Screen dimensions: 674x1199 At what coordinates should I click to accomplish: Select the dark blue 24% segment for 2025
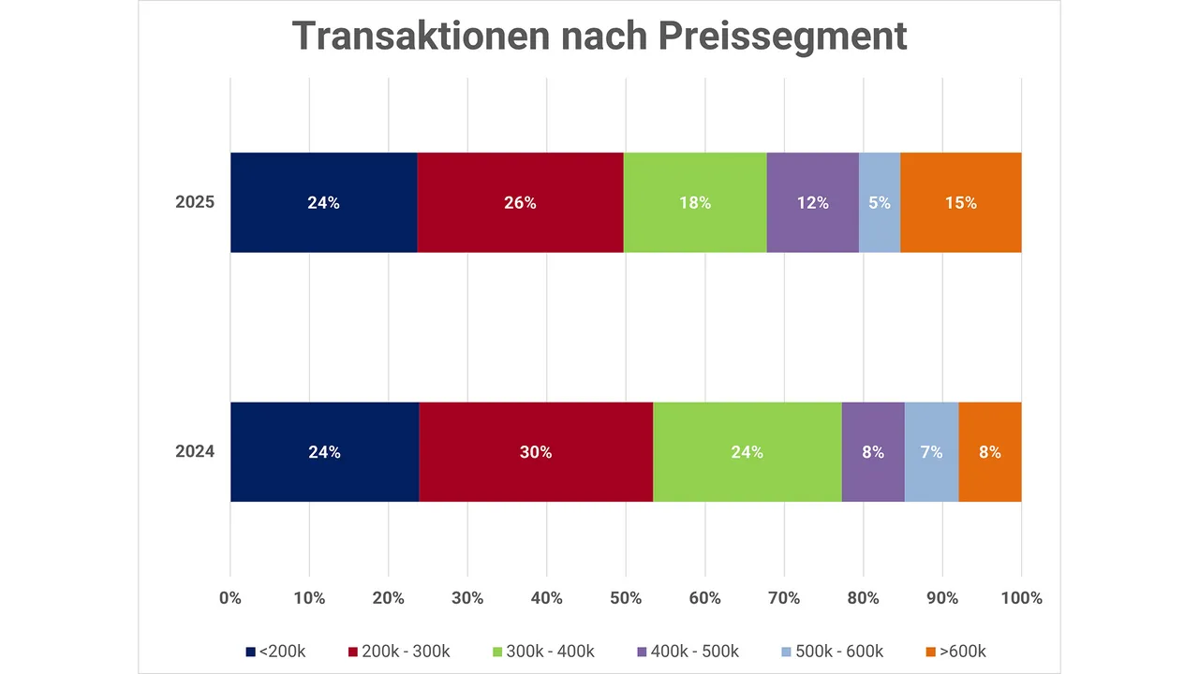[323, 202]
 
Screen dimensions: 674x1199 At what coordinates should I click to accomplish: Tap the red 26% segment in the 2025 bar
[520, 202]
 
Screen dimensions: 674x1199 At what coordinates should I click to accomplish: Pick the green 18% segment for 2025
[695, 202]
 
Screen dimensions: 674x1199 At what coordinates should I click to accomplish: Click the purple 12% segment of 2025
[812, 202]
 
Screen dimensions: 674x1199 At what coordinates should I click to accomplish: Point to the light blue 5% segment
[880, 202]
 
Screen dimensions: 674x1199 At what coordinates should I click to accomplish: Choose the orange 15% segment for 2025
[960, 202]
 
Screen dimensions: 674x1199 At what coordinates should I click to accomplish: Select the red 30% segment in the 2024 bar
[536, 452]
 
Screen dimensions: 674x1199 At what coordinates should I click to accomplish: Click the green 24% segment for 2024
[748, 452]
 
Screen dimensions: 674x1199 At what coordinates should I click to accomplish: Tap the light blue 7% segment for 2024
[931, 452]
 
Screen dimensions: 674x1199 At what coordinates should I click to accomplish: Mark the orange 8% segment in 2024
[990, 452]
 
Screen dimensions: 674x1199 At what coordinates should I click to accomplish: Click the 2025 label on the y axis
[195, 202]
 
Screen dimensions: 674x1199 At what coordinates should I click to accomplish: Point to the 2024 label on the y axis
[195, 452]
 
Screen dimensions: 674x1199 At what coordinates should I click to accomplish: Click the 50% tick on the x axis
[626, 598]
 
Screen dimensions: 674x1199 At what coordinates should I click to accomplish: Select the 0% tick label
[230, 598]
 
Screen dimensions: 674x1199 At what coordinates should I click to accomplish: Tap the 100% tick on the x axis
[1021, 598]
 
